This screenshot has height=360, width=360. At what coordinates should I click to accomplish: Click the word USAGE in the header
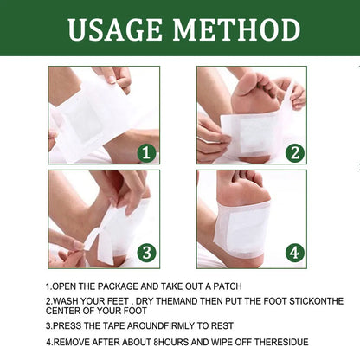click(x=115, y=29)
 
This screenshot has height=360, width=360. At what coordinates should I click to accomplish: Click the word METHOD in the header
click(x=236, y=29)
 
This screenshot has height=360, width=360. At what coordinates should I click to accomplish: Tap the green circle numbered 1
click(x=146, y=152)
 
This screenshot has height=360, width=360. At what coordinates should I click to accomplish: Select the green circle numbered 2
click(x=295, y=152)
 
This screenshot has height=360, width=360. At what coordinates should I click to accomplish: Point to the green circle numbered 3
click(x=146, y=253)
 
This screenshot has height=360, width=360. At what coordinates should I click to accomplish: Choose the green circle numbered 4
click(x=295, y=253)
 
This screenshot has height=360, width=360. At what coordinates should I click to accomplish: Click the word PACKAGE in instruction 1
click(x=118, y=286)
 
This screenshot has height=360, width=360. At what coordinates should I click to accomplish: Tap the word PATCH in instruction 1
click(x=228, y=286)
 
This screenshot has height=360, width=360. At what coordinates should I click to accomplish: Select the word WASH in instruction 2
click(x=66, y=301)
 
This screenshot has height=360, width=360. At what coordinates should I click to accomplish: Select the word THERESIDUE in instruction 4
click(x=281, y=342)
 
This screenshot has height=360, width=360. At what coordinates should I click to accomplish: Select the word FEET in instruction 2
click(x=118, y=301)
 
